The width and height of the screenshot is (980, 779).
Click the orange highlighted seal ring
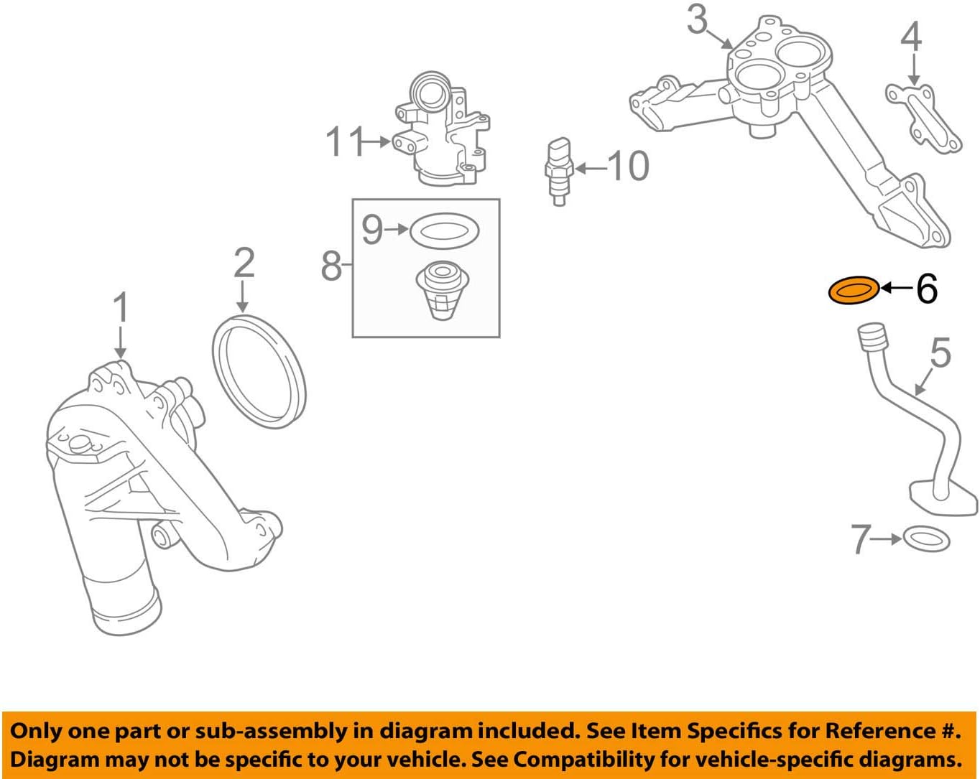pyautogui.click(x=853, y=291)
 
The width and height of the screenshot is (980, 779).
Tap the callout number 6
pyautogui.click(x=927, y=289)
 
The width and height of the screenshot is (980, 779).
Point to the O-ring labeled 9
pyautogui.click(x=444, y=231)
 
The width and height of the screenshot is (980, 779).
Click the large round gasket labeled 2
pyautogui.click(x=259, y=371)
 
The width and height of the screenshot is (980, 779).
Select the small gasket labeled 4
pyautogui.click(x=923, y=119)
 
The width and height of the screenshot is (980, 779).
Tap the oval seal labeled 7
pyautogui.click(x=925, y=538)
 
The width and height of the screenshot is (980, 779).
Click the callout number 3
pyautogui.click(x=696, y=19)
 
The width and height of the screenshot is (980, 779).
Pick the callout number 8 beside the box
pyautogui.click(x=331, y=266)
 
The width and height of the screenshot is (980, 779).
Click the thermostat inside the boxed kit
pyautogui.click(x=441, y=291)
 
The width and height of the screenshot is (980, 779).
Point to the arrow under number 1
pyautogui.click(x=120, y=341)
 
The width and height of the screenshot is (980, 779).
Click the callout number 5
pyautogui.click(x=940, y=353)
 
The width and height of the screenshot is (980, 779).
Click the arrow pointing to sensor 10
pyautogui.click(x=590, y=169)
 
